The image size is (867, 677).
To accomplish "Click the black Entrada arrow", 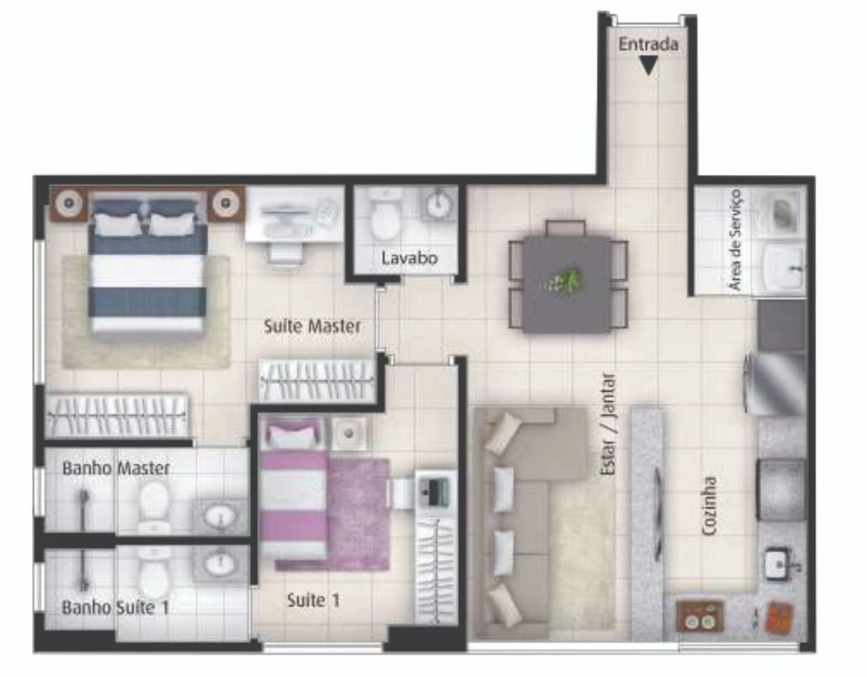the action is pyautogui.click(x=648, y=65).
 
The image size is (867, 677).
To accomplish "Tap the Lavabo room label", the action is pyautogui.click(x=409, y=258).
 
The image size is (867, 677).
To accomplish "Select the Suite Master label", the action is pyautogui.click(x=312, y=326).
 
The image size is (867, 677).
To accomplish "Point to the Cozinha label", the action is pyautogui.click(x=709, y=506).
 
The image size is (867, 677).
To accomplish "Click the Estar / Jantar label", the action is pyautogui.click(x=608, y=424).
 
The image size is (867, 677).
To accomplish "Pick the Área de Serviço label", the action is pyautogui.click(x=734, y=240).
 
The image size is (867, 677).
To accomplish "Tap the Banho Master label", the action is pyautogui.click(x=116, y=468).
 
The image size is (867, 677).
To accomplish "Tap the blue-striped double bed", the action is pyautogui.click(x=148, y=266).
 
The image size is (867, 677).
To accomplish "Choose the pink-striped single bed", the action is pyautogui.click(x=295, y=490).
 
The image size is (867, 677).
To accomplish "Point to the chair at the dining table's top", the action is pyautogui.click(x=566, y=228).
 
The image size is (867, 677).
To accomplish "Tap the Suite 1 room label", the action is pyautogui.click(x=314, y=600).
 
